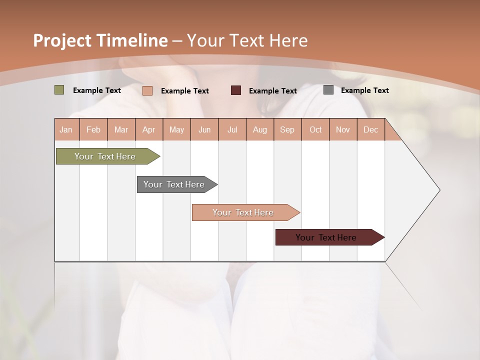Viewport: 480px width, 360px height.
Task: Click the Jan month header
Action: coord(66,129)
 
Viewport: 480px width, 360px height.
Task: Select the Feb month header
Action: coord(93,129)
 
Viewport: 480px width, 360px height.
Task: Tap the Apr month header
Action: coord(148,129)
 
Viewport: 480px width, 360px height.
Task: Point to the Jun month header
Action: coord(204,129)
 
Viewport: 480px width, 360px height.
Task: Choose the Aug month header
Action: coord(259,129)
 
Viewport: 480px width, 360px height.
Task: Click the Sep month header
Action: coord(287,129)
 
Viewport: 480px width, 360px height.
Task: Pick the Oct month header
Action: coord(315,129)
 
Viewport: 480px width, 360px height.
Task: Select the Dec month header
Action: coord(370,129)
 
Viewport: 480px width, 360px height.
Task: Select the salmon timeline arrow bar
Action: coord(244,212)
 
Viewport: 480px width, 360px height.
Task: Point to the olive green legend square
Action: coord(59,90)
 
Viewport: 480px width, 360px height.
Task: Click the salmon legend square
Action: coord(147,90)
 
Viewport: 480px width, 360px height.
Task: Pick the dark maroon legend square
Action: coord(236,90)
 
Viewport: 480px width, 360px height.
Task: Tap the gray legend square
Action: coord(328,90)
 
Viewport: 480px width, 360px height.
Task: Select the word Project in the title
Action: coord(62,40)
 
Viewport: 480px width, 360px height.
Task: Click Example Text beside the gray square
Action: coord(364,90)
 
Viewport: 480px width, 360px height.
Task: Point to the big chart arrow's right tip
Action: coord(439,190)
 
